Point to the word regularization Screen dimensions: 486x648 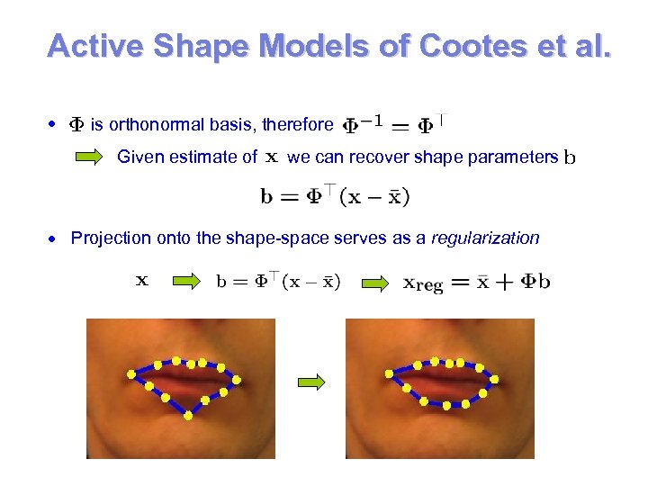point(486,238)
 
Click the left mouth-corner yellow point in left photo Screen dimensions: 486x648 point(131,372)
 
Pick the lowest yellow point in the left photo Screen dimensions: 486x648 point(188,416)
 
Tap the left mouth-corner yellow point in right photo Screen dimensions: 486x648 point(388,373)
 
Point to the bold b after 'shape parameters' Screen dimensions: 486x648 point(569,159)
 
